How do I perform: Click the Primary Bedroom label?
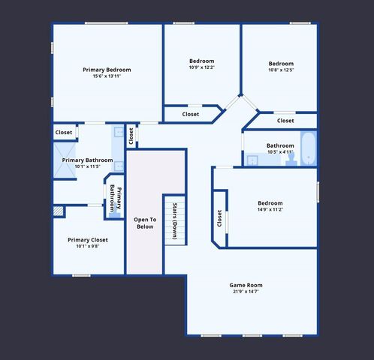coord(107,70)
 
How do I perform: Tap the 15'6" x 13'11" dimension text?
coord(107,76)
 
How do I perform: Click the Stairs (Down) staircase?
coord(174,217)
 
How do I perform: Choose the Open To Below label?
coord(144,223)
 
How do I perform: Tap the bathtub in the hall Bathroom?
coord(308,145)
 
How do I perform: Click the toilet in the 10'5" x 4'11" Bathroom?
coord(291,157)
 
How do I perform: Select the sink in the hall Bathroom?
coord(249,157)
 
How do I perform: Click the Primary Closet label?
coord(88,240)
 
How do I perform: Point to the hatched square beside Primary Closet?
coord(59,212)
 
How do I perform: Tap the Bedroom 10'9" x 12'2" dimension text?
coord(201,67)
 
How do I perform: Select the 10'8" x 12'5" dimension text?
coord(281,70)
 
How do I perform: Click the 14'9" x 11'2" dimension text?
coord(270,210)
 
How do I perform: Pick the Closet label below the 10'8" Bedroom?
coord(285,121)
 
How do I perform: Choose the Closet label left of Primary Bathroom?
coord(64,132)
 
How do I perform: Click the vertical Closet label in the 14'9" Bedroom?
coord(219,218)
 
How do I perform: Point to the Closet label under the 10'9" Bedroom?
coord(191,114)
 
